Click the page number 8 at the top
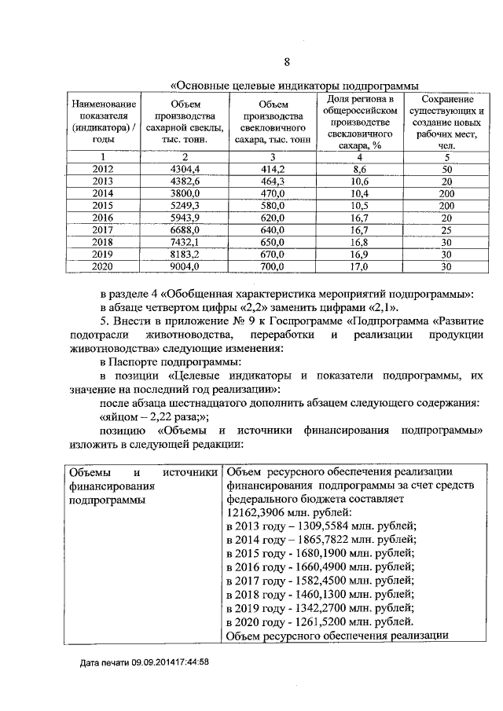pos(287,63)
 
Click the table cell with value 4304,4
pos(185,169)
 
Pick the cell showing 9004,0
pos(185,266)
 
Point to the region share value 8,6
pos(361,169)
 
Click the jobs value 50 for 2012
pos(446,169)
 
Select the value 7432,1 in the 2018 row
pos(185,242)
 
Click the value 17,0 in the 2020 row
pos(361,266)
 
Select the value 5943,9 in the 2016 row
pos(185,218)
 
